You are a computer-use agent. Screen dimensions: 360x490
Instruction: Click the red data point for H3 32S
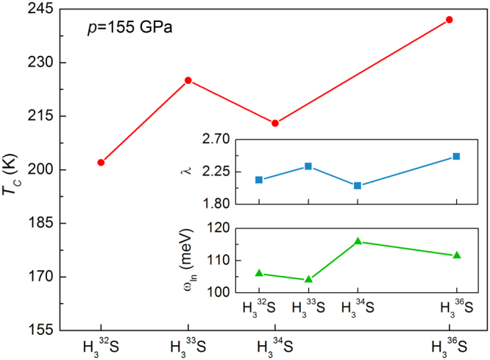101,162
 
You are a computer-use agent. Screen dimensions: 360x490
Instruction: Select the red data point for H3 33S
188,80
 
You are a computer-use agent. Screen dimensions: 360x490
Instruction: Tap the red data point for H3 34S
275,123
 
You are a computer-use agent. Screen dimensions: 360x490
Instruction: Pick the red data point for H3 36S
450,20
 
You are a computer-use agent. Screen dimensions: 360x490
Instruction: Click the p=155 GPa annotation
129,29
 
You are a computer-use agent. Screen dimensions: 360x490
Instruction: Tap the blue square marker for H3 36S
456,156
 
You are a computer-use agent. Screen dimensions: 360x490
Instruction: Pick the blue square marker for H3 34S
358,186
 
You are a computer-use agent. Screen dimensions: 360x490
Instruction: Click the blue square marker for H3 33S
308,166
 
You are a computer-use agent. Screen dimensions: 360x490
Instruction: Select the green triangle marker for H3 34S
358,241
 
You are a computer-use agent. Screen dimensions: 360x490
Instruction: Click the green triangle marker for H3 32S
259,273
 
